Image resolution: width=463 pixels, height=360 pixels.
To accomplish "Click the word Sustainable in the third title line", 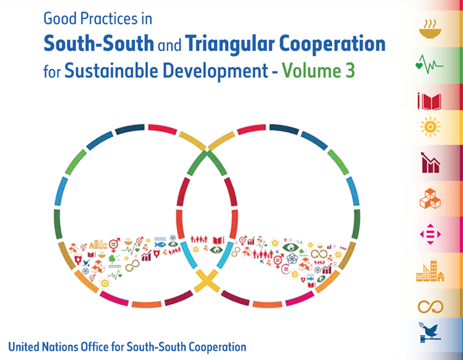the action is pyautogui.click(x=111, y=71).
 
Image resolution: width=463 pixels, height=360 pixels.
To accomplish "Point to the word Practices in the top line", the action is pyautogui.click(x=108, y=19).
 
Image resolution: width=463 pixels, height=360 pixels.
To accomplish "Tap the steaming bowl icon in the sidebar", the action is pyautogui.click(x=430, y=29).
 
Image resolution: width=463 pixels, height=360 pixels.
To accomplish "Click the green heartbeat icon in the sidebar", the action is pyautogui.click(x=429, y=64).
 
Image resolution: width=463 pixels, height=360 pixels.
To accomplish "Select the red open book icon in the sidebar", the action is pyautogui.click(x=429, y=102).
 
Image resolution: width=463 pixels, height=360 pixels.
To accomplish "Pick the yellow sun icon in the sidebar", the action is pyautogui.click(x=430, y=127).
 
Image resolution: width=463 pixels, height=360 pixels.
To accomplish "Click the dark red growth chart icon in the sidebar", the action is pyautogui.click(x=430, y=163).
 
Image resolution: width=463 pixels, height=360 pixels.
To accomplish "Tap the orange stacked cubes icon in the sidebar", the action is pyautogui.click(x=430, y=198).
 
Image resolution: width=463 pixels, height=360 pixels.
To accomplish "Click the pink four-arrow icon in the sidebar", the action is pyautogui.click(x=430, y=235).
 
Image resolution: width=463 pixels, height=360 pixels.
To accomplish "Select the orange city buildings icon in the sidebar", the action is pyautogui.click(x=430, y=271).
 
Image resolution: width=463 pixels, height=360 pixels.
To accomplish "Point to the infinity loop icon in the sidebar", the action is pyautogui.click(x=430, y=306).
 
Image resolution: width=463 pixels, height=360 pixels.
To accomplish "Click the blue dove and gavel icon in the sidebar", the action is pyautogui.click(x=430, y=332).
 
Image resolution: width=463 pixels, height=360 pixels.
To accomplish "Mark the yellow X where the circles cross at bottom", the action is pyautogui.click(x=208, y=280).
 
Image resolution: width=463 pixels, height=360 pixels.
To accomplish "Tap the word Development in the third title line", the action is pyautogui.click(x=215, y=71).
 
